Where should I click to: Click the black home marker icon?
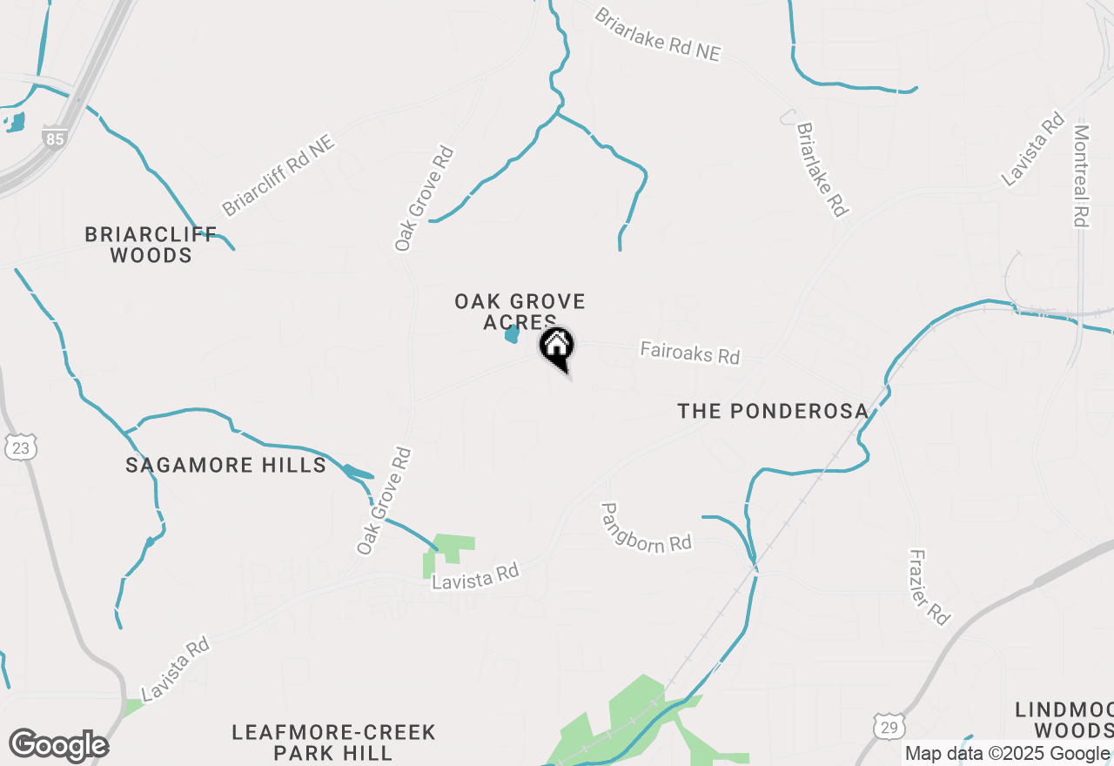pos(557,346)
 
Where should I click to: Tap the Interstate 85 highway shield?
pos(54,138)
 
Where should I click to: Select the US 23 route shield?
pos(21,447)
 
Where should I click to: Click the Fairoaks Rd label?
pos(689,353)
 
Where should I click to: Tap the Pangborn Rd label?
pos(646,527)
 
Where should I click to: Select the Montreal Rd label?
pos(1081,176)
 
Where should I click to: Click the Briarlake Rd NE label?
pos(657,35)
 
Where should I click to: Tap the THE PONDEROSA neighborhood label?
pos(773,411)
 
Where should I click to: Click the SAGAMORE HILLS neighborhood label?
pos(226,465)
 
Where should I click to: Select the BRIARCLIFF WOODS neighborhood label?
pos(139,245)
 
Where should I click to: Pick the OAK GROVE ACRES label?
pos(520,312)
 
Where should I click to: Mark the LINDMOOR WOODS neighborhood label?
pos(1064,719)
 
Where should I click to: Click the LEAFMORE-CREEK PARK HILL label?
pos(333,742)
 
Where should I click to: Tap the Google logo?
pos(58,746)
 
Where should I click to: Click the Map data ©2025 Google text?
pos(1007,754)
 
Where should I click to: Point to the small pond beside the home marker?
pos(512,334)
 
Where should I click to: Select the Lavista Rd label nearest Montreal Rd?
pos(1033,149)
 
